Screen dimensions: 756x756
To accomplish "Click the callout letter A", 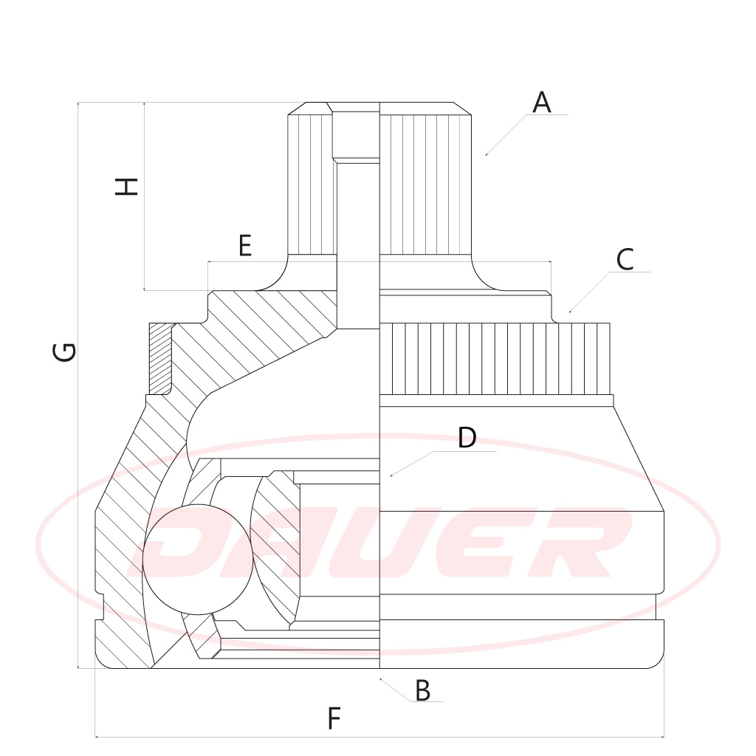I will click(x=542, y=103).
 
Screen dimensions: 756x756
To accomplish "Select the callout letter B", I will click(x=422, y=691).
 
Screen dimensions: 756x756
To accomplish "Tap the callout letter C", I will click(x=625, y=260).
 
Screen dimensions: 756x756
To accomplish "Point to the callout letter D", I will click(x=467, y=438).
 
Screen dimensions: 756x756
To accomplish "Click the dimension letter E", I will click(x=245, y=245).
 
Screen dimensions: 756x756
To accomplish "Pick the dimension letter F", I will click(x=334, y=718).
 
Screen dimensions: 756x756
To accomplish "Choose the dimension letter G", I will click(x=65, y=351).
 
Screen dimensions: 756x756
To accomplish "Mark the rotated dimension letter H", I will click(x=128, y=186).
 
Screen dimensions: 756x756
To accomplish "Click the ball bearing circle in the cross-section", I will click(x=198, y=559).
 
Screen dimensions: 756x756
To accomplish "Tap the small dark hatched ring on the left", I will click(x=159, y=358).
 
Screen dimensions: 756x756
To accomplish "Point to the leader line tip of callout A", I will click(x=486, y=155).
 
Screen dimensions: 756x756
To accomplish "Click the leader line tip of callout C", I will click(x=570, y=312).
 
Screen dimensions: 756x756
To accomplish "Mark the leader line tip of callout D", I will click(x=391, y=477).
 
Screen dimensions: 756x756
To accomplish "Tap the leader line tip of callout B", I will click(x=379, y=678).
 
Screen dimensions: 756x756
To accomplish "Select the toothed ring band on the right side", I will click(x=495, y=358).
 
